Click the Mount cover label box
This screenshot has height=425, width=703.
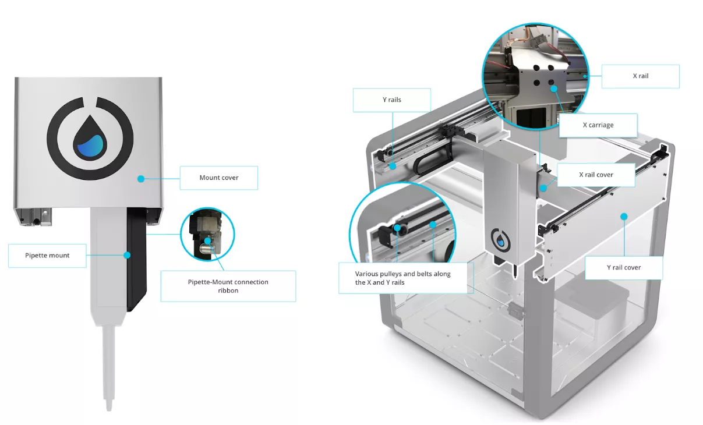click(219, 178)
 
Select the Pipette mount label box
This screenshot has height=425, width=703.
click(47, 256)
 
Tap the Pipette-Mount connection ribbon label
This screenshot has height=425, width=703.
click(228, 286)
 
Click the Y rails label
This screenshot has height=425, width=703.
click(391, 100)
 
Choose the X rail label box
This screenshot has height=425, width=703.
click(641, 76)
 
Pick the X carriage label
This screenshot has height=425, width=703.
click(598, 125)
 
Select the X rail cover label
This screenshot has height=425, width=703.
click(596, 175)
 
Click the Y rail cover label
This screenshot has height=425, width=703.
click(624, 268)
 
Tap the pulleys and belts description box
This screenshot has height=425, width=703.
click(406, 278)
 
